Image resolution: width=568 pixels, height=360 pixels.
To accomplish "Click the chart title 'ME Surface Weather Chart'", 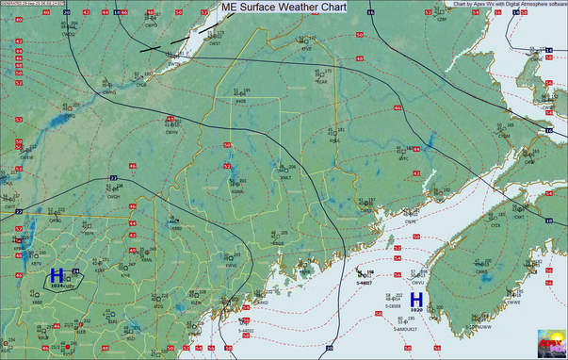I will tap(283, 7).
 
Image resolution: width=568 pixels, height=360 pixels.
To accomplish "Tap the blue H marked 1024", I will tap(57, 275).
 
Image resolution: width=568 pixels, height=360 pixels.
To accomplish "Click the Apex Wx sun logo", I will tap(552, 343).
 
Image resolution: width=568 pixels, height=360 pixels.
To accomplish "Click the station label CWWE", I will tap(513, 302).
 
